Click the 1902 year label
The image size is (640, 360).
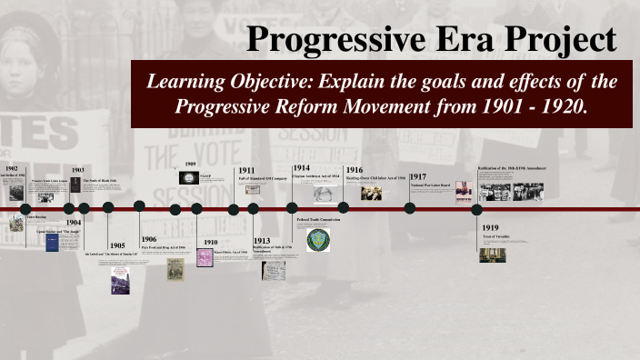tap(11, 169)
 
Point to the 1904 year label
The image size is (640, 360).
tap(73, 222)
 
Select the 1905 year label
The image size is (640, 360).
tap(117, 245)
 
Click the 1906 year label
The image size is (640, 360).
tap(148, 239)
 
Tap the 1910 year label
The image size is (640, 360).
tap(210, 243)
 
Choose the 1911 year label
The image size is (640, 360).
tap(246, 170)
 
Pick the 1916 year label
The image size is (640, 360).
tap(354, 170)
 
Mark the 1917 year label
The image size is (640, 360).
tap(418, 176)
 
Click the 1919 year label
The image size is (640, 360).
tap(490, 227)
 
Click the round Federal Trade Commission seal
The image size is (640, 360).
tap(318, 240)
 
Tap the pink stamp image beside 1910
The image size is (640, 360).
tap(205, 257)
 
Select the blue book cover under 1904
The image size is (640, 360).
tap(52, 244)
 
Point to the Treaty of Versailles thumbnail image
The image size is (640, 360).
tap(493, 255)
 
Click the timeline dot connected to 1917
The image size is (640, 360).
tap(410, 208)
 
